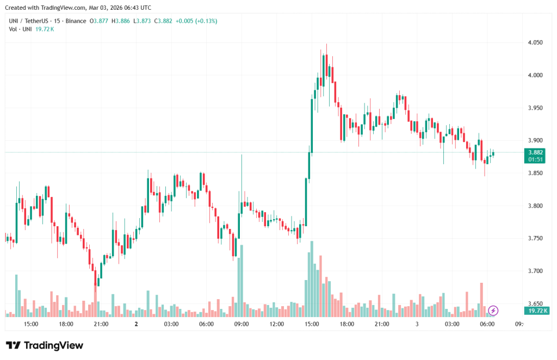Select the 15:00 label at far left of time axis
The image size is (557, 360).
31,324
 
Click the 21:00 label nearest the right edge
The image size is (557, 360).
382,324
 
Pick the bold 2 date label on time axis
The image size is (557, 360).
136,324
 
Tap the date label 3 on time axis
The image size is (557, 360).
417,324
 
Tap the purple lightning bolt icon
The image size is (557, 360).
493,311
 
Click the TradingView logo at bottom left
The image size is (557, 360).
45,345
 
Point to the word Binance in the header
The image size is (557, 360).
76,21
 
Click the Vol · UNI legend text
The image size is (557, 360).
21,29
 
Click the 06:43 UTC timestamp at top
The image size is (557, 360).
136,8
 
